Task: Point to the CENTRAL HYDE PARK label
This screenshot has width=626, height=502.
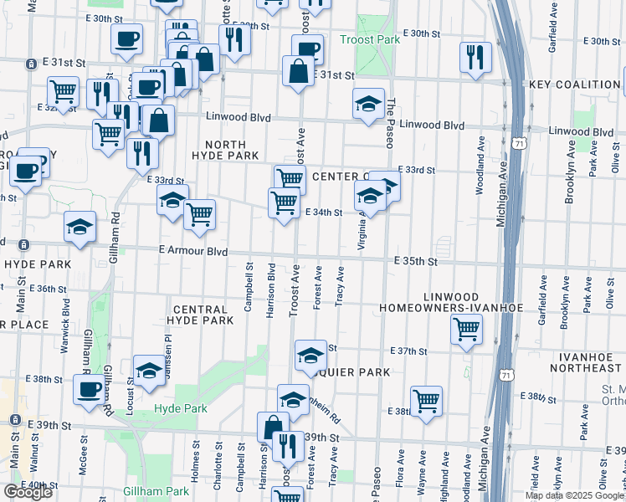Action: click(199, 315)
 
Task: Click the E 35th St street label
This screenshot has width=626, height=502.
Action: click(417, 262)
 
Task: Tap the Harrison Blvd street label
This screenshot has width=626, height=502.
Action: click(270, 289)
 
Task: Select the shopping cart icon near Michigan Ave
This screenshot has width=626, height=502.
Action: click(465, 327)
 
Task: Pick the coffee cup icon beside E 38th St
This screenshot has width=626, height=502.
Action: click(89, 389)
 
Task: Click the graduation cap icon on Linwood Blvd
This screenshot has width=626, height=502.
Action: click(367, 105)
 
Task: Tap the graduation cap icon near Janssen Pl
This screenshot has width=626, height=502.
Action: click(150, 372)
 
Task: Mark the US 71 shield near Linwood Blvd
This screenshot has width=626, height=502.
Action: click(521, 145)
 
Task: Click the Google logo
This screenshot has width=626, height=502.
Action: click(28, 492)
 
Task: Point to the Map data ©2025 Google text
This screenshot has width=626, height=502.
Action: click(574, 495)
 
